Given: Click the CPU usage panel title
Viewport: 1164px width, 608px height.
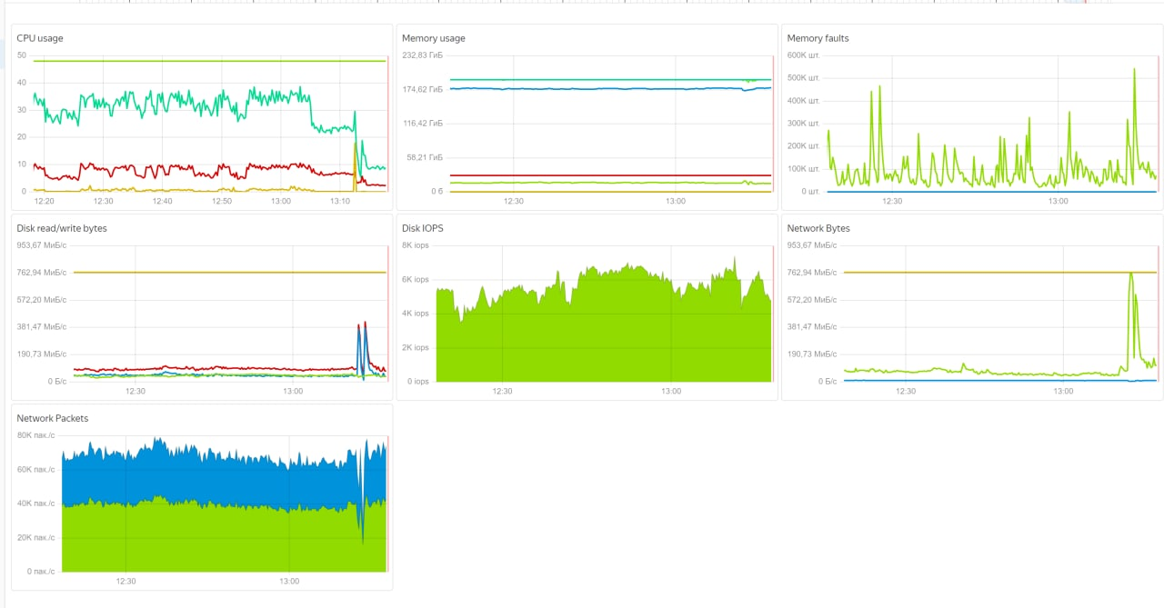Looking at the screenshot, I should (40, 38).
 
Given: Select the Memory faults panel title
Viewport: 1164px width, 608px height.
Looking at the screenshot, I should (818, 38).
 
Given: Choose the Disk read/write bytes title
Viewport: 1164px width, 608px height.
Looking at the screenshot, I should (62, 228).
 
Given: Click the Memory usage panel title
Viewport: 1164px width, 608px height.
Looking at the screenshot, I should (434, 38).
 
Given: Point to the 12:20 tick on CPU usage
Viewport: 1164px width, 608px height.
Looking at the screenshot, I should (44, 201).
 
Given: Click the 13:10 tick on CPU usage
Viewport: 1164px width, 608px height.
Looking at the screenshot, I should (340, 201).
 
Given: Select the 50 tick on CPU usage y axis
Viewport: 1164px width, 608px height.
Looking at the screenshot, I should (22, 55).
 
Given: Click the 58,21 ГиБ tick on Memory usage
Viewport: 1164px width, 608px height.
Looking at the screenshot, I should (424, 157).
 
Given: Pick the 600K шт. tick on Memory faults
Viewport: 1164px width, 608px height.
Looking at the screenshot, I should (804, 55).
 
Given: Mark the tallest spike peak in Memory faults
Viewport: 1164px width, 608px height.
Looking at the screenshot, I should (1134, 69).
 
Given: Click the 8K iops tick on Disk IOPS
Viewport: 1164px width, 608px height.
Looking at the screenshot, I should (416, 245).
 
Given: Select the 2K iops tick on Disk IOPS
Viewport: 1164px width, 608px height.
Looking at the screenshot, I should (416, 347).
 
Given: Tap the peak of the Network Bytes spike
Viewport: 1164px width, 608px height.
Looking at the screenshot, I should (1130, 273).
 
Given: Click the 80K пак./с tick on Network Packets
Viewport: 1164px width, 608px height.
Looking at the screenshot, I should (36, 435).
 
